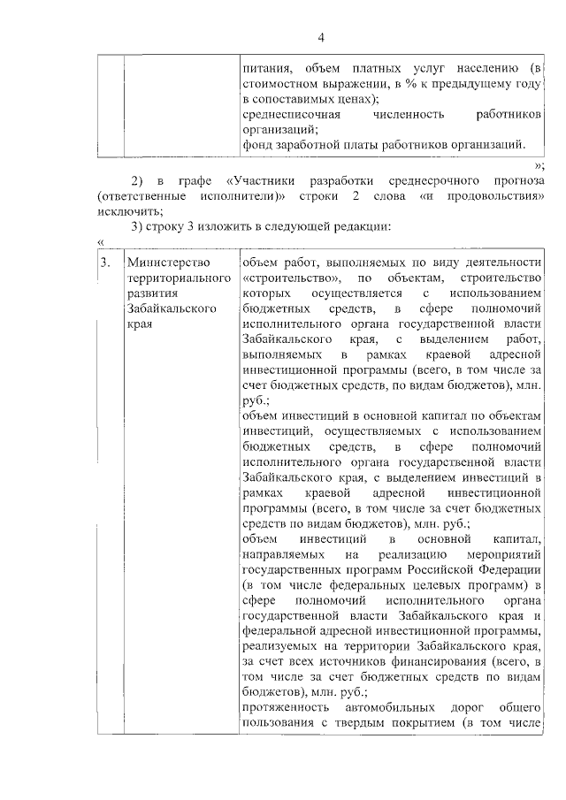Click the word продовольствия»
click(496, 195)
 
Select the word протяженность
click(282, 709)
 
